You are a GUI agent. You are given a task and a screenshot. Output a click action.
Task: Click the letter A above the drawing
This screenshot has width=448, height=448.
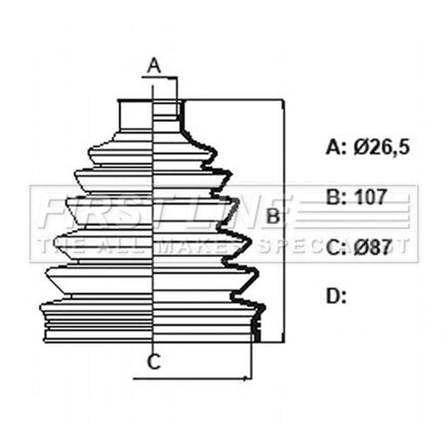[x=154, y=66]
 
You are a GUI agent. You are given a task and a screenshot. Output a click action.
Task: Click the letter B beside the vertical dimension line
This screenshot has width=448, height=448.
[x=273, y=216]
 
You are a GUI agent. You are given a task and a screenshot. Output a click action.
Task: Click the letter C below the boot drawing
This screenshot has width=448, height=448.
[x=154, y=361]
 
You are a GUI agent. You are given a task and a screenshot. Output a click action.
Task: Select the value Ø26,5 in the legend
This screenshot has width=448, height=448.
[x=381, y=147]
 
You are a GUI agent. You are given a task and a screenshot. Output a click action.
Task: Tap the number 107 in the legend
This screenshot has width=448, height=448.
[x=371, y=197]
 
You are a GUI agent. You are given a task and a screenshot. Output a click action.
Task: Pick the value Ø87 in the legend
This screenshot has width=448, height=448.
[x=372, y=247]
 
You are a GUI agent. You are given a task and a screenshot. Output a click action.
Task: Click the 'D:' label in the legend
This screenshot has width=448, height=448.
[x=336, y=296]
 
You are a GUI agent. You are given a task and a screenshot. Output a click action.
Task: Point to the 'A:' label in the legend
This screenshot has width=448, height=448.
[x=336, y=147]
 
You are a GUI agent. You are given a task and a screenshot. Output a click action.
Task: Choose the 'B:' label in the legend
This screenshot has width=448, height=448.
[x=336, y=197]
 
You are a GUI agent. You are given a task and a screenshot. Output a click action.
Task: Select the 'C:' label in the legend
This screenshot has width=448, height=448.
[x=336, y=248]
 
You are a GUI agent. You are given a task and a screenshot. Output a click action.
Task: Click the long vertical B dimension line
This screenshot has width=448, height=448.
[x=283, y=220]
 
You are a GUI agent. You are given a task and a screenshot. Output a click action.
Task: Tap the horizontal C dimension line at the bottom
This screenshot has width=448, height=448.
[x=192, y=379]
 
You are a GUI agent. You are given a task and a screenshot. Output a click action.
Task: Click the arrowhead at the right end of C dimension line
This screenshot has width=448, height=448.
[x=248, y=379]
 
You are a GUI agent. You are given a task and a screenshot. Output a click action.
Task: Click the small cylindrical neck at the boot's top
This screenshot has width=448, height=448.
[x=150, y=115]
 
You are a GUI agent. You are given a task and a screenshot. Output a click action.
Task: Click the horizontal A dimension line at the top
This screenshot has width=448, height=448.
[x=159, y=78]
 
